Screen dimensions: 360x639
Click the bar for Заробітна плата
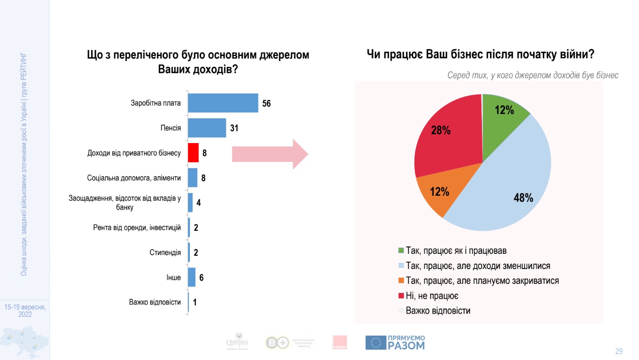click(223, 103)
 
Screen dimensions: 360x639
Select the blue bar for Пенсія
click(207, 128)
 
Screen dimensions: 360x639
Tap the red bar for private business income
click(193, 153)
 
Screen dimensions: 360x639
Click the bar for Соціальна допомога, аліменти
click(193, 177)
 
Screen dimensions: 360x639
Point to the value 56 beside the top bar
click(266, 103)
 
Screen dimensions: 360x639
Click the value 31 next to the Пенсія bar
click(234, 128)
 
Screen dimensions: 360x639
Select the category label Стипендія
click(165, 252)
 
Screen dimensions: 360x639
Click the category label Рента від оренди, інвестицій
click(134, 228)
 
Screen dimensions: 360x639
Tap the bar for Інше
click(192, 277)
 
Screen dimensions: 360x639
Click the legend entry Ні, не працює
click(432, 295)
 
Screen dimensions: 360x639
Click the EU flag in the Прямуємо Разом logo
click(375, 343)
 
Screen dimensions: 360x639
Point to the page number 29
click(619, 351)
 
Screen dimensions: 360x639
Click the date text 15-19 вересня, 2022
click(25, 310)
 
